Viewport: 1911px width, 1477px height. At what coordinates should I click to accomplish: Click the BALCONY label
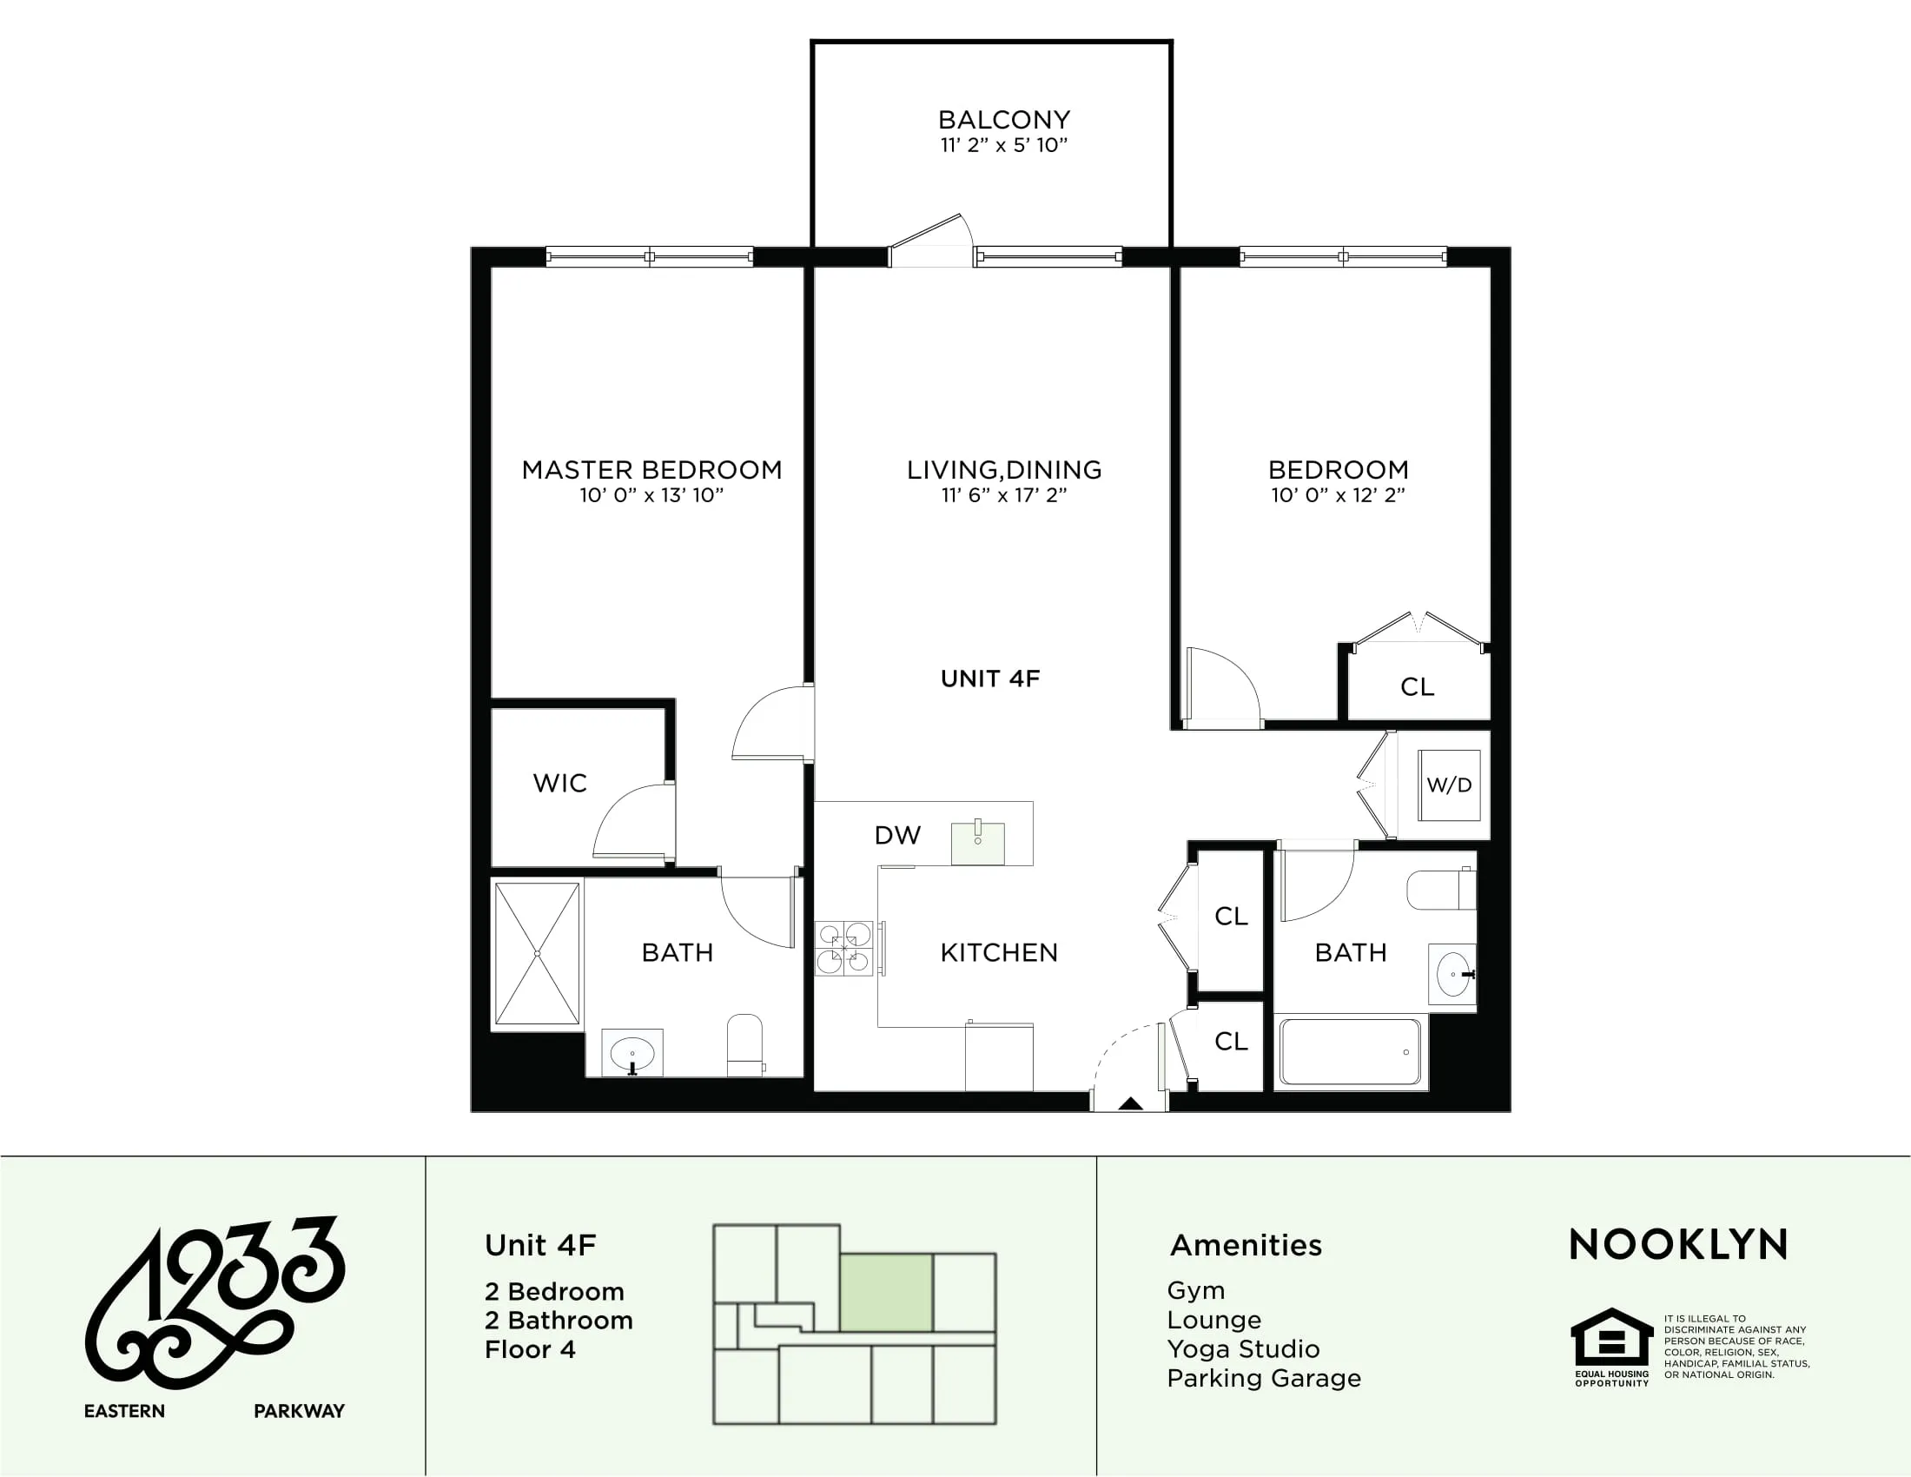1003,120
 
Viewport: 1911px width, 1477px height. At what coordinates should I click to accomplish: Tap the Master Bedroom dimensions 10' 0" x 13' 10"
651,495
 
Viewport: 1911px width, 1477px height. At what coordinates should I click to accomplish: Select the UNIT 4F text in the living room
989,679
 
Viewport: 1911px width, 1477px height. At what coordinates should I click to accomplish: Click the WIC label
560,783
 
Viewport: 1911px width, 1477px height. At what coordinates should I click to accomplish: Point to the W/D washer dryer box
1449,785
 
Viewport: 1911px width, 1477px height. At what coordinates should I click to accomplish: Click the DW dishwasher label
898,836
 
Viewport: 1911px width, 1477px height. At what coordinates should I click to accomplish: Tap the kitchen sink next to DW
977,842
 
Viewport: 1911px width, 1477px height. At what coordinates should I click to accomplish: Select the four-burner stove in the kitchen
843,948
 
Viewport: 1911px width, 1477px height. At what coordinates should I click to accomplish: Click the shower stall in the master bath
537,953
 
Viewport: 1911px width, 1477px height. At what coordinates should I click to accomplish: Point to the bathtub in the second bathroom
1349,1052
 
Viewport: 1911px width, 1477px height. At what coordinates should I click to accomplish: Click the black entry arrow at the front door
1130,1103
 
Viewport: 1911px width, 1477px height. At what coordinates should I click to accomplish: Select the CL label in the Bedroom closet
1417,687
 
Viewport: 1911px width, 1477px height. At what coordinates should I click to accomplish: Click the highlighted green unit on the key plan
885,1293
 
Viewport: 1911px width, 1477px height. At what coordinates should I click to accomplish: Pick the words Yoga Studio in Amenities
1242,1348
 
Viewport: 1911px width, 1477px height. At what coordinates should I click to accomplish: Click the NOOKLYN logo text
1678,1244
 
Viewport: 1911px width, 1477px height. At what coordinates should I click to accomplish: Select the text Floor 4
529,1349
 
